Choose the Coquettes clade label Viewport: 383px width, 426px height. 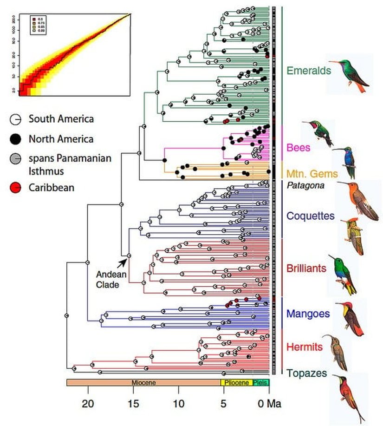[310, 216]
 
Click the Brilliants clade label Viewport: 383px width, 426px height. [306, 268]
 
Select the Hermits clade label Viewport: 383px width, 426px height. [304, 346]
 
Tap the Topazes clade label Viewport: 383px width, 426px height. [306, 373]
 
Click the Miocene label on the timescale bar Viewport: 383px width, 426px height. [143, 383]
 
